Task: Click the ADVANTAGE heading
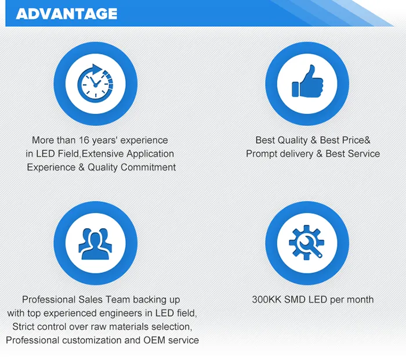pyautogui.click(x=67, y=13)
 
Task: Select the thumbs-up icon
pyautogui.click(x=307, y=84)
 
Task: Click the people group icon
pyautogui.click(x=95, y=243)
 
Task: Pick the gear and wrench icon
pyautogui.click(x=307, y=243)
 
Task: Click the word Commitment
pyautogui.click(x=148, y=167)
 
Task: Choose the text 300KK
pyautogui.click(x=266, y=300)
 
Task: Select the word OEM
pyautogui.click(x=154, y=340)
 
